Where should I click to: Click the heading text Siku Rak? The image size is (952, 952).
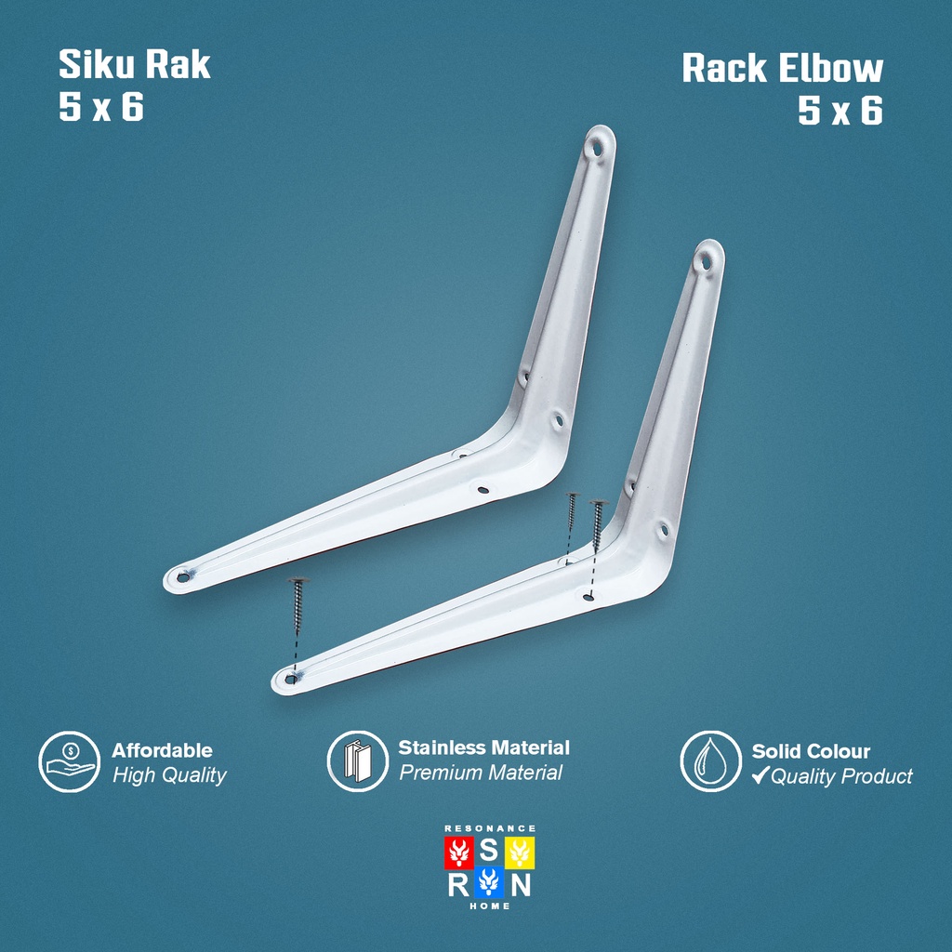pos(134,64)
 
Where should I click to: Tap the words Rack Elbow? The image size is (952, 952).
pos(782,68)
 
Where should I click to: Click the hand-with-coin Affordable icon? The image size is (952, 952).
pos(69,761)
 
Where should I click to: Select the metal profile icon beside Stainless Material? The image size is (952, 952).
pos(358,760)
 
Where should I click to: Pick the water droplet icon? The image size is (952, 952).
pos(710,760)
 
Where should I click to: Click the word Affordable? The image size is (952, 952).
pos(162,750)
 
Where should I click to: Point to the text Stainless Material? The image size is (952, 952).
pos(483,747)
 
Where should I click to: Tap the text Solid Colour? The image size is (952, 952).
pos(811,751)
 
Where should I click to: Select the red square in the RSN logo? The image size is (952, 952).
pos(459,852)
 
